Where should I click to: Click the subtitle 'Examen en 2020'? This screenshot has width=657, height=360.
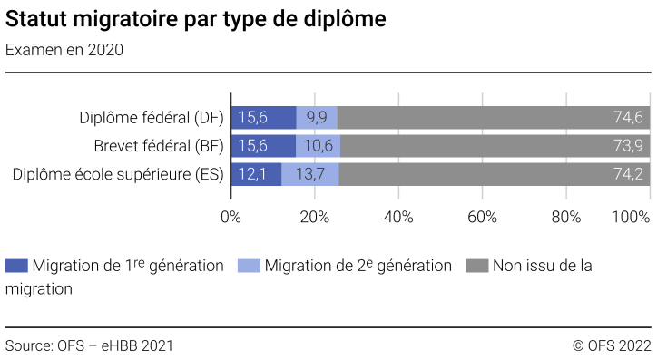click(64, 50)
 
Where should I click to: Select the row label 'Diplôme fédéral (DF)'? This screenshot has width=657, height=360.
click(152, 117)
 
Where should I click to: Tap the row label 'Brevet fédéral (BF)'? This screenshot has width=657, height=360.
click(159, 146)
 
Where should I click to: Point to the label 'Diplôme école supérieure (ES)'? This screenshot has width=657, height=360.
click(118, 175)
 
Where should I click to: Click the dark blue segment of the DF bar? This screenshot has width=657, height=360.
click(263, 117)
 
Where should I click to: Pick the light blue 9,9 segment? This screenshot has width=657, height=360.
click(317, 117)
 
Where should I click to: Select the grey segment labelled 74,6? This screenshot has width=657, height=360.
click(494, 117)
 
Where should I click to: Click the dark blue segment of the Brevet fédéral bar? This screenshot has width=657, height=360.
click(263, 146)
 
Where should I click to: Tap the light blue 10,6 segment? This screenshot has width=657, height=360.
click(319, 146)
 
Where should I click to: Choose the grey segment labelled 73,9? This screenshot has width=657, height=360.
click(495, 146)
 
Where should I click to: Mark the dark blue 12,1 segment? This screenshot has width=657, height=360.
click(256, 175)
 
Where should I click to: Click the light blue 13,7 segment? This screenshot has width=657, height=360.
click(310, 175)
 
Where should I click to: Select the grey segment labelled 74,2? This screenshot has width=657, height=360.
click(495, 175)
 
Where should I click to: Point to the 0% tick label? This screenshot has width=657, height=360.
click(230, 217)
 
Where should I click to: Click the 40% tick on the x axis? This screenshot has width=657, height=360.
click(398, 217)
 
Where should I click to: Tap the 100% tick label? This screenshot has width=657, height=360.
click(632, 217)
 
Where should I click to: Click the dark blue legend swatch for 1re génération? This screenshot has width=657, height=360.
click(16, 266)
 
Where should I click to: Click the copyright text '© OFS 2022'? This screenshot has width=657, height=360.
click(612, 345)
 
